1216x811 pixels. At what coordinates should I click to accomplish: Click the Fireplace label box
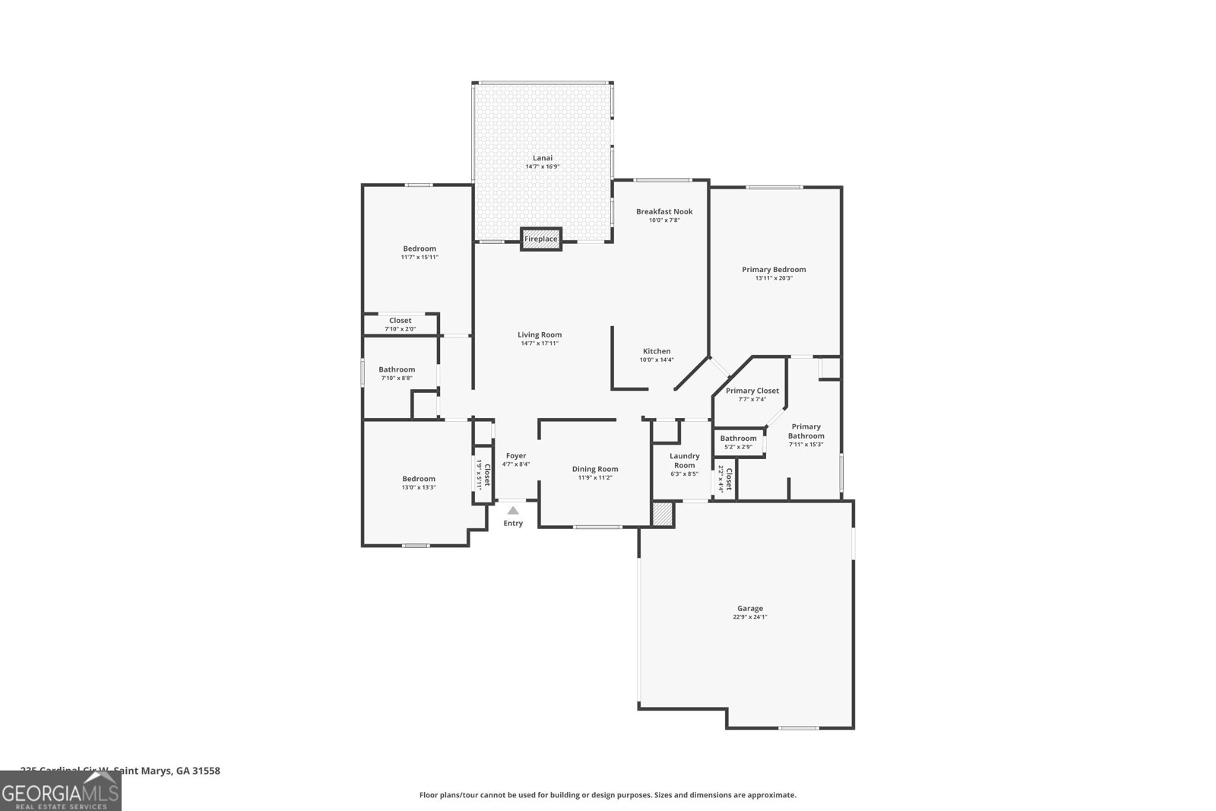540,239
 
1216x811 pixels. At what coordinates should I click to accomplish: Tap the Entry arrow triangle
513,511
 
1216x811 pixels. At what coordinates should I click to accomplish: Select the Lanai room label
543,158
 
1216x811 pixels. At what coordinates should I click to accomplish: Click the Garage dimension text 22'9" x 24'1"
750,617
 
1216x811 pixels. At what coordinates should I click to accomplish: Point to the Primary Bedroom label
774,269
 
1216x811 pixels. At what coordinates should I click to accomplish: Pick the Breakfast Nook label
664,211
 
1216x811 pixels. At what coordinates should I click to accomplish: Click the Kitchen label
657,351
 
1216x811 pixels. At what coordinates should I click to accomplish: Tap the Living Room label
540,334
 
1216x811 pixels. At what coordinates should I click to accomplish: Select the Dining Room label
595,469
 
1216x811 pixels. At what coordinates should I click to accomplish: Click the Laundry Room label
684,461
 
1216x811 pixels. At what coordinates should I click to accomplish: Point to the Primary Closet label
752,391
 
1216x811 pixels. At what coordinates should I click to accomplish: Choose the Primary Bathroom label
806,431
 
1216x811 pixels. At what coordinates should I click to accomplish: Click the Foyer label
516,456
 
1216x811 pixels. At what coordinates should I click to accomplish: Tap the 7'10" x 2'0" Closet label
400,321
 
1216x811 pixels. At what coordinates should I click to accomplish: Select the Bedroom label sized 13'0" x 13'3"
419,479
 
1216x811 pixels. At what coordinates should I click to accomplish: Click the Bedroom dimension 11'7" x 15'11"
420,258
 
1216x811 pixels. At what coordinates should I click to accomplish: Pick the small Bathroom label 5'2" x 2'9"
738,439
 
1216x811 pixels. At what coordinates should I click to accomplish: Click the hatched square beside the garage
663,514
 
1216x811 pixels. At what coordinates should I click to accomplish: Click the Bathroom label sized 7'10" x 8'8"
397,369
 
